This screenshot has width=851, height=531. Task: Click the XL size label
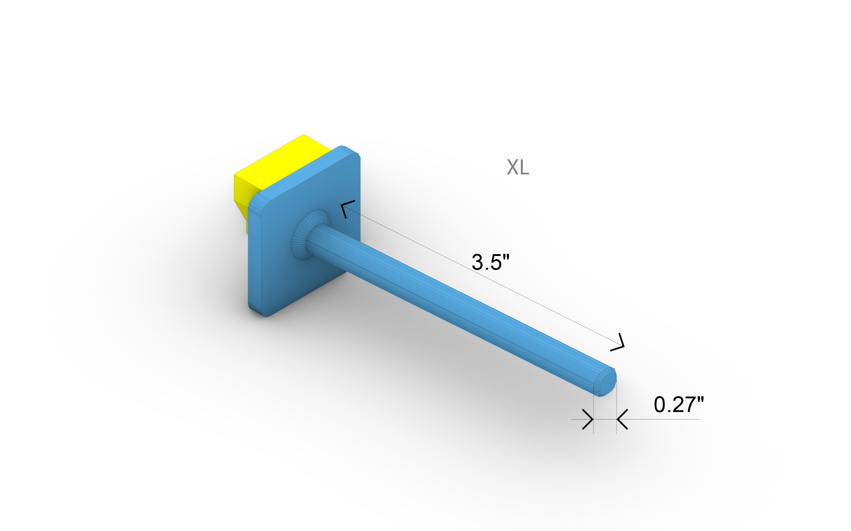518,167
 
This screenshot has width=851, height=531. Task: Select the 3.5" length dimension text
490,262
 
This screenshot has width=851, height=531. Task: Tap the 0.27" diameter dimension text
678,404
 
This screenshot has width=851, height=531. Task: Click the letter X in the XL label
513,167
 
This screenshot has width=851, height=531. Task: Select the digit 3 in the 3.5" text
477,262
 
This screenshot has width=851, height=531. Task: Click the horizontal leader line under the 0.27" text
665,419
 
